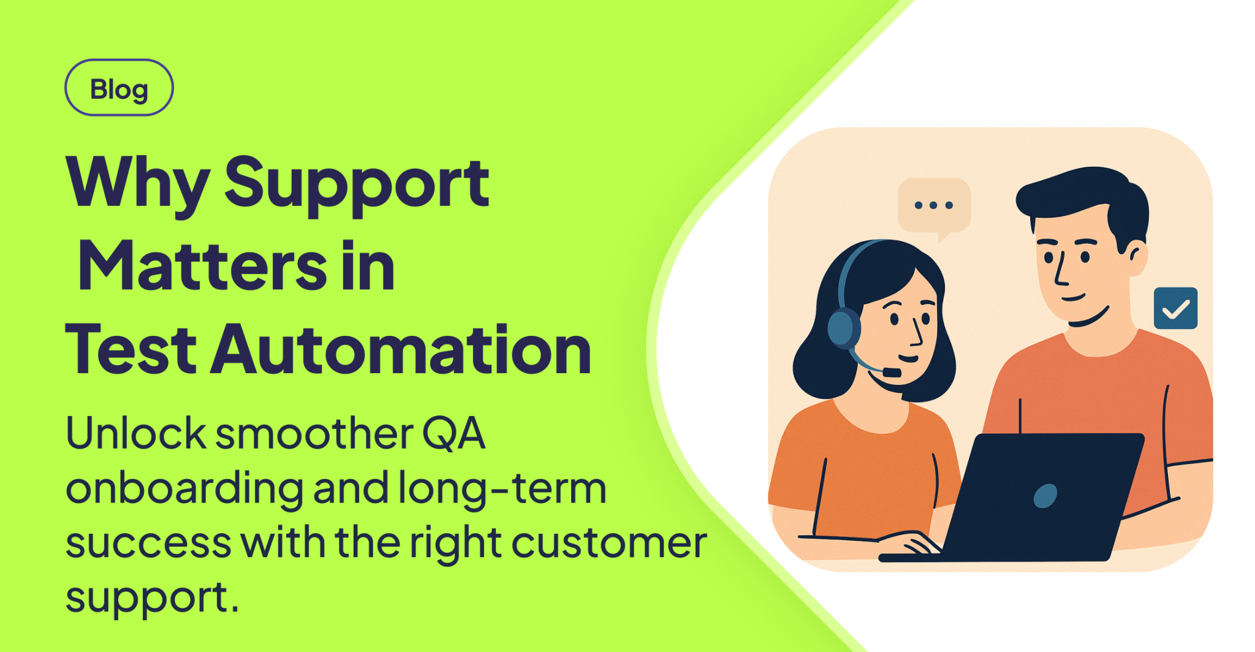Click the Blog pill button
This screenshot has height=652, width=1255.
(119, 88)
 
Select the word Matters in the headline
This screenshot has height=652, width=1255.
(202, 267)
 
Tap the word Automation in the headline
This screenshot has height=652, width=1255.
(401, 351)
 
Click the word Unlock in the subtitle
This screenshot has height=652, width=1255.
(135, 434)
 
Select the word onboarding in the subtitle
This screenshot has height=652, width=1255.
(184, 488)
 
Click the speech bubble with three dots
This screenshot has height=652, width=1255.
(934, 206)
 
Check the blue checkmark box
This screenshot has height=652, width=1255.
(1175, 308)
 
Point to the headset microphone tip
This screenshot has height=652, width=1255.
(892, 372)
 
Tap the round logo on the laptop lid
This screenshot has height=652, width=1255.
(1045, 496)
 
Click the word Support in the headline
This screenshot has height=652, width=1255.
(357, 184)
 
